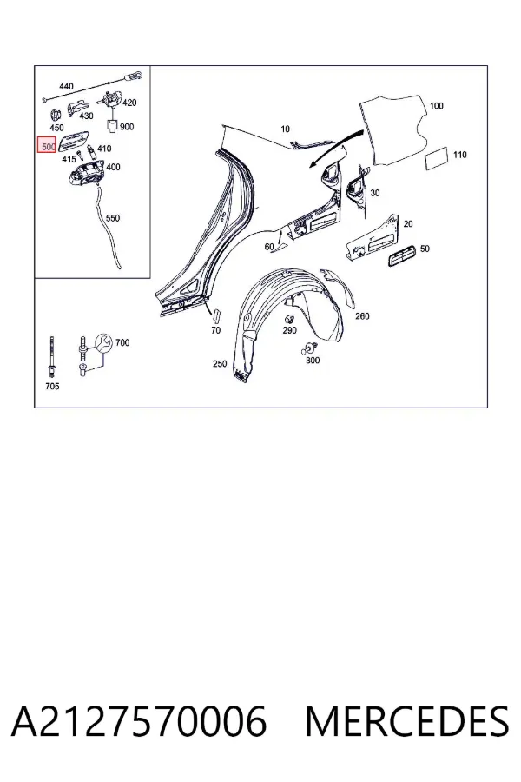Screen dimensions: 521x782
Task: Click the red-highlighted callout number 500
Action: tap(49, 147)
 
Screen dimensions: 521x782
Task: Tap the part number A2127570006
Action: tap(139, 722)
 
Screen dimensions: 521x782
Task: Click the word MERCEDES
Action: tap(407, 722)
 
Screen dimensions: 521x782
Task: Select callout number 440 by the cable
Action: tap(66, 86)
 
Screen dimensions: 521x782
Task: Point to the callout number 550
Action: tap(113, 218)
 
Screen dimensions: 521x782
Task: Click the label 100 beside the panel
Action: tap(436, 106)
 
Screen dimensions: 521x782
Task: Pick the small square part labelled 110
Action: tap(436, 160)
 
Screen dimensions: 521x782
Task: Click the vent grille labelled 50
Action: tap(402, 255)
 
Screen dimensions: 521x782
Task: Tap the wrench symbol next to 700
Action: tap(103, 343)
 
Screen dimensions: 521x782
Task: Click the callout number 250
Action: tap(220, 363)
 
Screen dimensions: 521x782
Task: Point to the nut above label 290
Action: tap(288, 319)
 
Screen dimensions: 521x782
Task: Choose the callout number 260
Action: tap(362, 316)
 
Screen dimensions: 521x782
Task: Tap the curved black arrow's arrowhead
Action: tap(314, 163)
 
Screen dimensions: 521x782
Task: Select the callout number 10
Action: tap(285, 129)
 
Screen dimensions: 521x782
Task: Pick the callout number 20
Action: tap(408, 224)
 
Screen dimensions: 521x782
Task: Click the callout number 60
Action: tap(269, 247)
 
